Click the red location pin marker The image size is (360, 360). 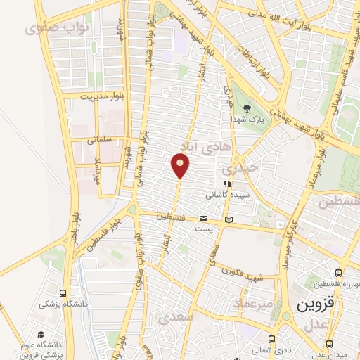181,166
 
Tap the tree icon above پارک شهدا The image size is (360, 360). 247,108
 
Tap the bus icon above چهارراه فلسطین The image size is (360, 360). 339,273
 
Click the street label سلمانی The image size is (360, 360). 100,140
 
